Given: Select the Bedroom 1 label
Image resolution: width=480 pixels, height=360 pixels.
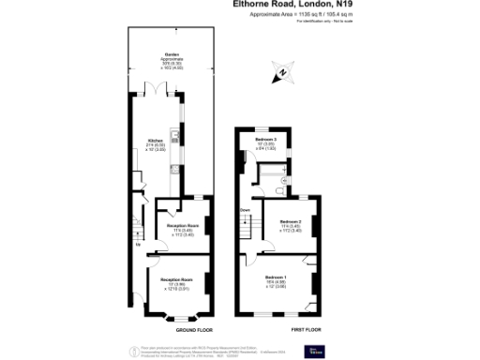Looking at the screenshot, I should pos(276,280).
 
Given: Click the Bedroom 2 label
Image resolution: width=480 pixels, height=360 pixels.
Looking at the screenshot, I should pos(291,222).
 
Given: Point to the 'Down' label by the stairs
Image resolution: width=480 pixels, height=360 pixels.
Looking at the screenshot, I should pos(245,210).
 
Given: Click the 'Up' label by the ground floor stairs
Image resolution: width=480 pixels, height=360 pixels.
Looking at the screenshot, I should pos(139,246).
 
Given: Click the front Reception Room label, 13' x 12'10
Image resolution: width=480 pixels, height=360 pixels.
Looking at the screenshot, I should pos(175,284).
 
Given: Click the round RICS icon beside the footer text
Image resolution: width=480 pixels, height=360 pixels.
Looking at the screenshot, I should pos(129,349).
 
